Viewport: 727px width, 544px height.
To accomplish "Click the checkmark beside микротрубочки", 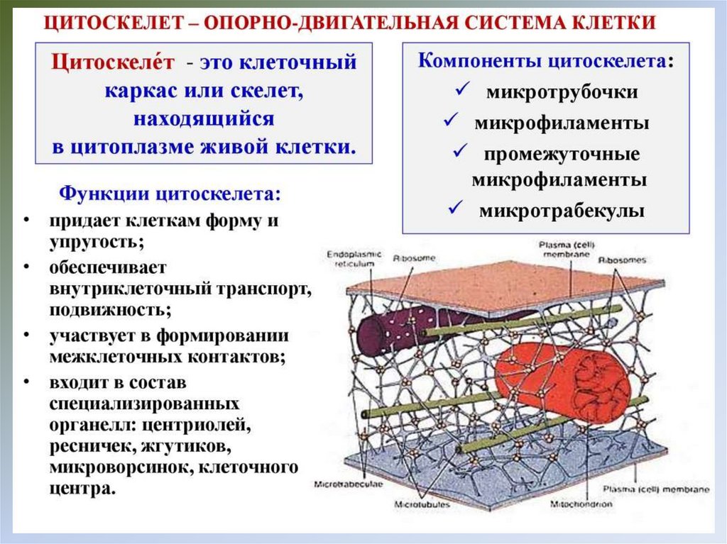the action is (x=461, y=91).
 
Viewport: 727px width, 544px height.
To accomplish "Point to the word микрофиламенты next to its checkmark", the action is (x=562, y=123).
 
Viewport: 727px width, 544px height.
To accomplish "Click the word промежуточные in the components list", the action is (x=562, y=154).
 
